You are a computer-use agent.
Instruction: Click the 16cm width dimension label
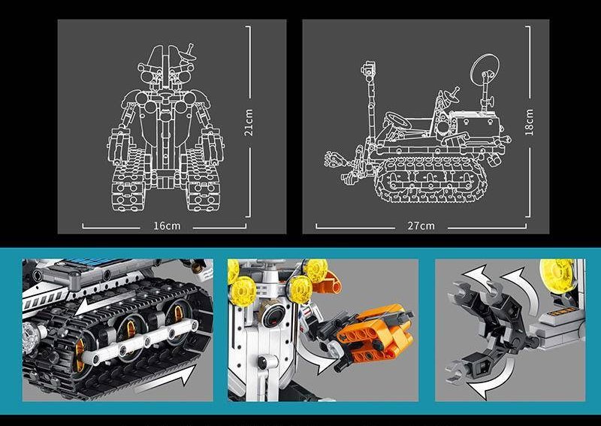(167, 226)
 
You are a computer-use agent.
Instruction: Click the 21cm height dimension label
(249, 122)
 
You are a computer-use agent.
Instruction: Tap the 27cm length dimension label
(421, 226)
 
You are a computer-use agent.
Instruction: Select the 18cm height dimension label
(530, 122)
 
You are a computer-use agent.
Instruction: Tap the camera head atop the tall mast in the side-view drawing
(367, 69)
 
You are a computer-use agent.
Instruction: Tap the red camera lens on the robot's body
(275, 317)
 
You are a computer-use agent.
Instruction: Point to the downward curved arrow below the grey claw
(494, 379)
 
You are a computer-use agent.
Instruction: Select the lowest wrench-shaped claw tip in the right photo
(455, 372)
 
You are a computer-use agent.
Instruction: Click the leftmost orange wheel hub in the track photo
(80, 354)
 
